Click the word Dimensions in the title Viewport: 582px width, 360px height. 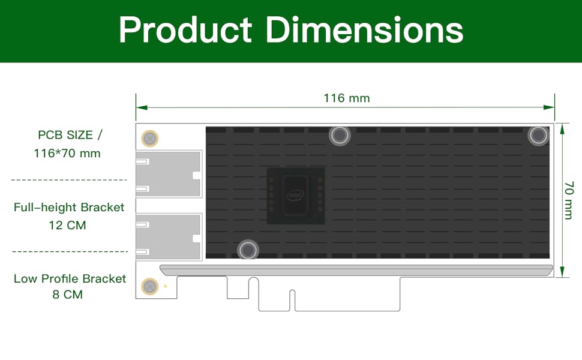[x=364, y=30]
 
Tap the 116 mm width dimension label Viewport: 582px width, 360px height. [x=346, y=98]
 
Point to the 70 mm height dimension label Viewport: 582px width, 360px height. [x=568, y=200]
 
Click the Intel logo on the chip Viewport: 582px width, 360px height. [x=295, y=195]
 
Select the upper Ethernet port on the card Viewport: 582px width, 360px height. [x=169, y=174]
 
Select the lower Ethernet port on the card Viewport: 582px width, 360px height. [x=169, y=237]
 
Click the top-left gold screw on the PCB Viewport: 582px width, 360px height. [x=149, y=139]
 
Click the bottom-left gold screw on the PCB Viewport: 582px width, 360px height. [x=149, y=287]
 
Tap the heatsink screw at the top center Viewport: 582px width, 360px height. [x=340, y=136]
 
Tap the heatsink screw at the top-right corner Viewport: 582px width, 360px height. [x=538, y=136]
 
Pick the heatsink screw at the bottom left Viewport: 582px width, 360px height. [x=247, y=250]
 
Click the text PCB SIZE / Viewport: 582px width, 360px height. [x=69, y=134]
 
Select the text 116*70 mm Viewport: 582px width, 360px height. [x=67, y=154]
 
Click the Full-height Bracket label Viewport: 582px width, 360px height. [x=69, y=208]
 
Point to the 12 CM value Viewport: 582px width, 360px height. [x=67, y=226]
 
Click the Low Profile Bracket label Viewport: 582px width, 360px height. [x=70, y=278]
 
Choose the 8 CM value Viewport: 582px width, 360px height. [x=67, y=295]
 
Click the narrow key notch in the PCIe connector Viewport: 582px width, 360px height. [x=292, y=299]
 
